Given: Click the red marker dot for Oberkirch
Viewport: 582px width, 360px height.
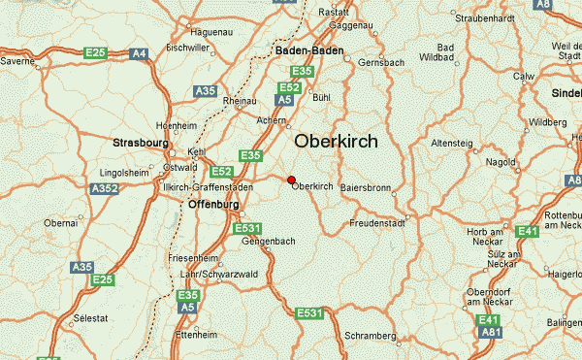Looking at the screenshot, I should [291, 179].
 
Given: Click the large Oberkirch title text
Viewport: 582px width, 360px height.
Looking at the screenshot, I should [336, 141].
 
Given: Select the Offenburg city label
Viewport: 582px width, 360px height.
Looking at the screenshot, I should [212, 206].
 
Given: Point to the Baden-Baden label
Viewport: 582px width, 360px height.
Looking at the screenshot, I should [309, 49].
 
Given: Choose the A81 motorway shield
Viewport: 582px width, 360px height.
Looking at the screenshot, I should [493, 333].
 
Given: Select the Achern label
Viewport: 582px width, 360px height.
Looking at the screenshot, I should [273, 120].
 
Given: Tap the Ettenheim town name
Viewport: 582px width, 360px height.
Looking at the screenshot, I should [195, 335].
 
